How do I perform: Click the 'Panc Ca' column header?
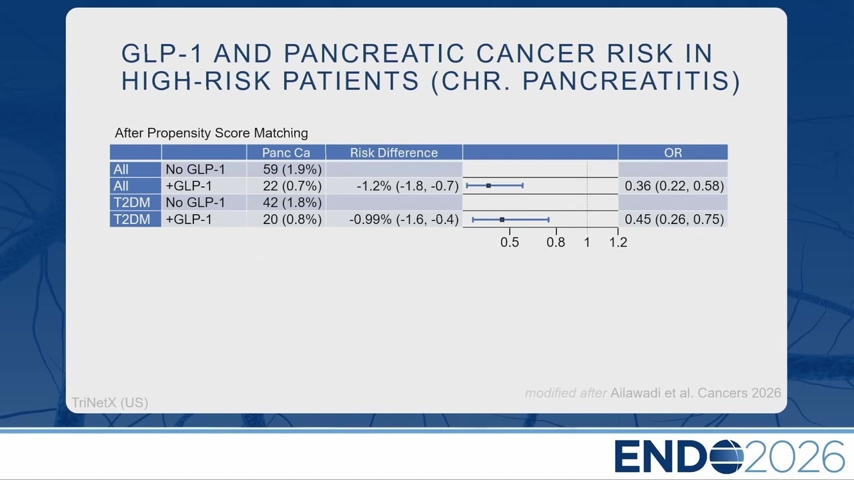[286, 153]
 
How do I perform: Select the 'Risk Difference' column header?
[394, 153]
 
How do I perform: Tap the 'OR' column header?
[673, 153]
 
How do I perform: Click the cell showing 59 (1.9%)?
[292, 169]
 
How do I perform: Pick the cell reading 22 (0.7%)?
[292, 186]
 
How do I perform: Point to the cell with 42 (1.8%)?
[292, 202]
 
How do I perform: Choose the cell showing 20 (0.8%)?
[292, 219]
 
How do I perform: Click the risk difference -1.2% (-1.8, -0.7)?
[408, 186]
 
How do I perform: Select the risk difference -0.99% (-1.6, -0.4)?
[404, 219]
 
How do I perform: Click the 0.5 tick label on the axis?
[509, 242]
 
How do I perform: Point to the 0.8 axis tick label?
[556, 242]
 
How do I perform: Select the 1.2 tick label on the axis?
[618, 242]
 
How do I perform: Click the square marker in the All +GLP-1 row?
[488, 186]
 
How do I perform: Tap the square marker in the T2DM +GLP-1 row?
[502, 220]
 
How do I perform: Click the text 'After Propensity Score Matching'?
[211, 133]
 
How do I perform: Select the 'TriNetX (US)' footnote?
[110, 403]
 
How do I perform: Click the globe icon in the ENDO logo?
[727, 457]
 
